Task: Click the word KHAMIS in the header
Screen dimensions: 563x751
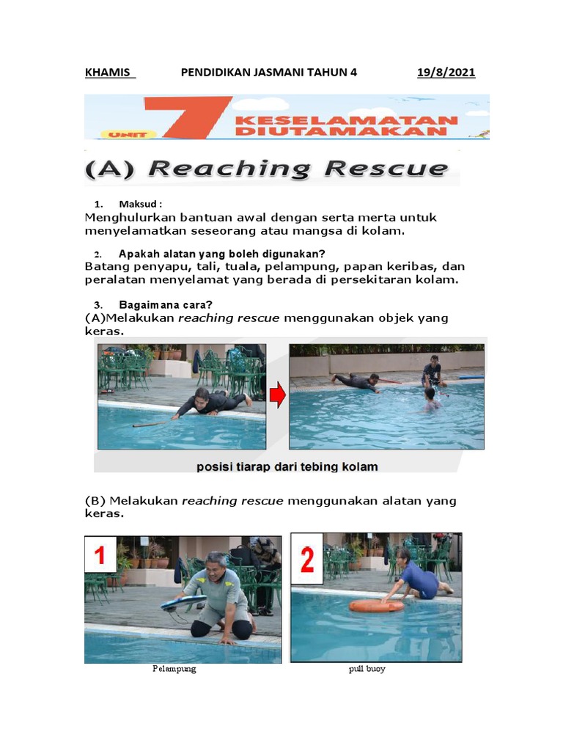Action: pyautogui.click(x=107, y=73)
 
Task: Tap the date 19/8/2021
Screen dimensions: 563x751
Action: pyautogui.click(x=446, y=73)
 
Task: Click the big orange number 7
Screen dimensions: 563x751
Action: pyautogui.click(x=187, y=117)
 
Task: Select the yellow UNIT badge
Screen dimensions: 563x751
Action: pyautogui.click(x=128, y=135)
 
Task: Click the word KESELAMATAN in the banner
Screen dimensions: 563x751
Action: pyautogui.click(x=347, y=120)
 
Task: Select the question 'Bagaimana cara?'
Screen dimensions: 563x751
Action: pyautogui.click(x=165, y=304)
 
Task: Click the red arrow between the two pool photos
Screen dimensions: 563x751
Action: pyautogui.click(x=277, y=397)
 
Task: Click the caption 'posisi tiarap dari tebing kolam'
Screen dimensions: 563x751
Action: pyautogui.click(x=287, y=466)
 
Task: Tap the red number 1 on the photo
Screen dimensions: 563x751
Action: pyautogui.click(x=100, y=555)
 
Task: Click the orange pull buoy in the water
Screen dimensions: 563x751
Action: pyautogui.click(x=376, y=605)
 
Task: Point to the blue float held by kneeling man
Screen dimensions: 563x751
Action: pyautogui.click(x=183, y=603)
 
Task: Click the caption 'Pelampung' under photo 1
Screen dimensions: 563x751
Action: pyautogui.click(x=174, y=669)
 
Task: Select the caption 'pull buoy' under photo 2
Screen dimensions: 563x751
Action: pyautogui.click(x=367, y=669)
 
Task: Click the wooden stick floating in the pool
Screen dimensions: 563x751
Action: pyautogui.click(x=152, y=423)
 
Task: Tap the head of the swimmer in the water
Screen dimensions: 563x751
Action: pyautogui.click(x=430, y=393)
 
